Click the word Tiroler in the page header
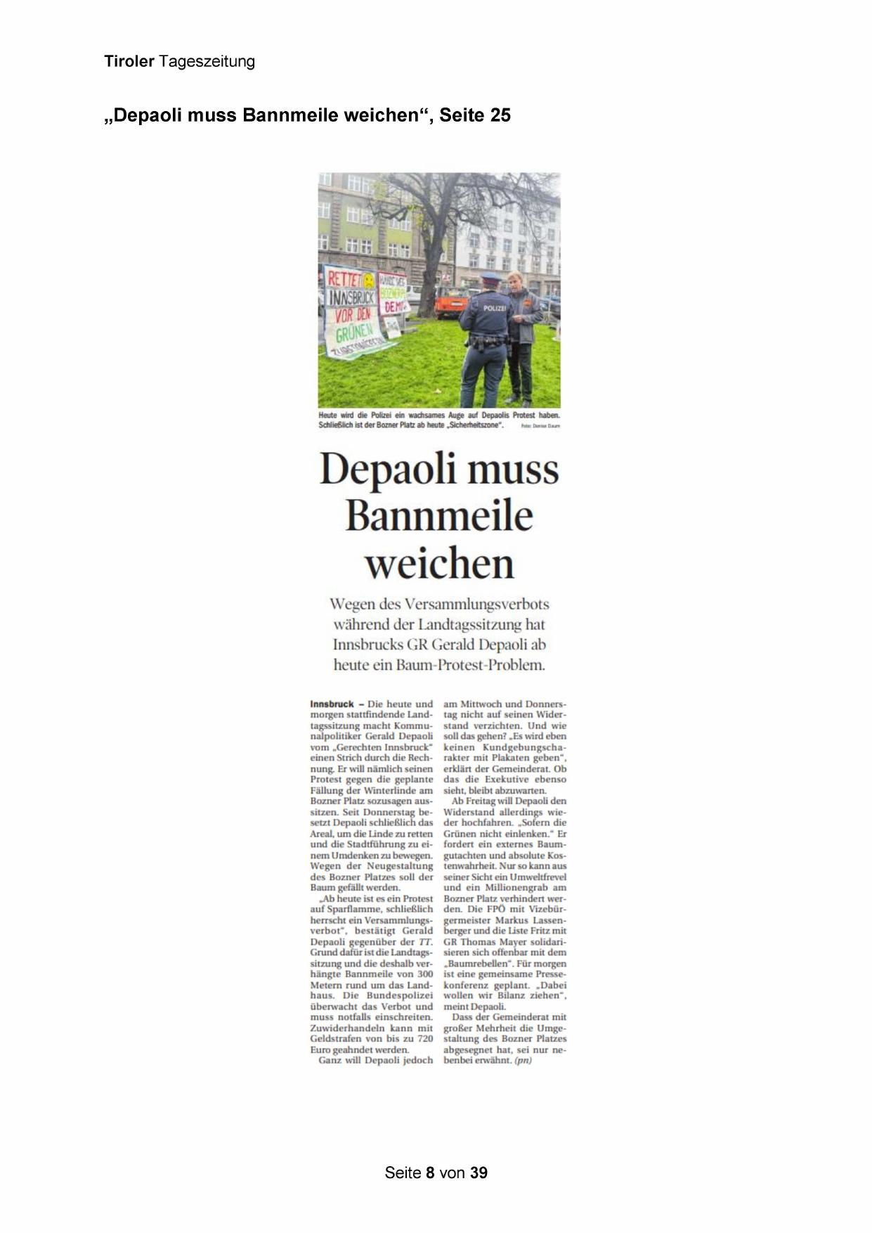point(129,62)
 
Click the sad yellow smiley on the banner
point(369,280)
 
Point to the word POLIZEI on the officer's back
point(494,308)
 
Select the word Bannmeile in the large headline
point(439,517)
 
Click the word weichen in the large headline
point(439,564)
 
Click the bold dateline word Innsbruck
point(332,704)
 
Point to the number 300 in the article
point(424,974)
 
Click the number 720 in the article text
point(424,1038)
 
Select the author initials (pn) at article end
point(523,1060)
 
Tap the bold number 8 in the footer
point(430,1173)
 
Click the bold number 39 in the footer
point(479,1173)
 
